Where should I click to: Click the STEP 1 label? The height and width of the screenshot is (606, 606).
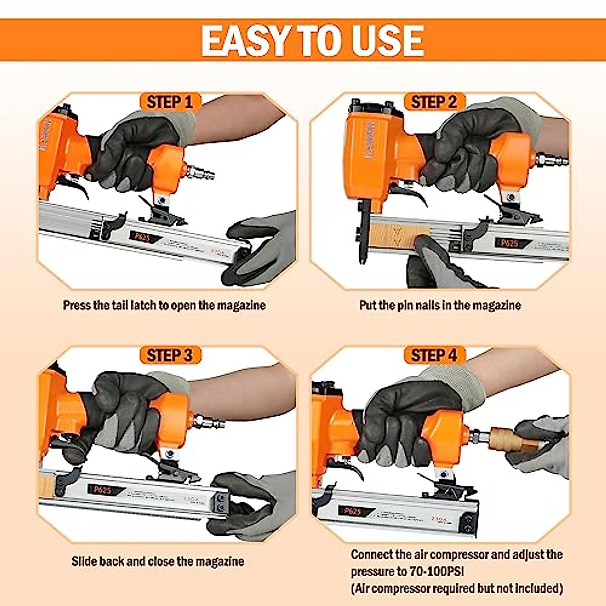click(170, 102)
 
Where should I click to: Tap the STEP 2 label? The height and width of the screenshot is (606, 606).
click(434, 102)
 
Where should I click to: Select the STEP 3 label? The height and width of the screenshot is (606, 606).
click(170, 355)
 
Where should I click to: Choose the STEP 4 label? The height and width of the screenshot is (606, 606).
click(434, 355)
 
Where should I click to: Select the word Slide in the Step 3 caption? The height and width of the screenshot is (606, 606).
click(84, 562)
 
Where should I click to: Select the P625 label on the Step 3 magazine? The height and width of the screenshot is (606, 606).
click(103, 490)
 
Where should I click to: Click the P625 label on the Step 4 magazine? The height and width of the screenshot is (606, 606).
click(352, 511)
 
